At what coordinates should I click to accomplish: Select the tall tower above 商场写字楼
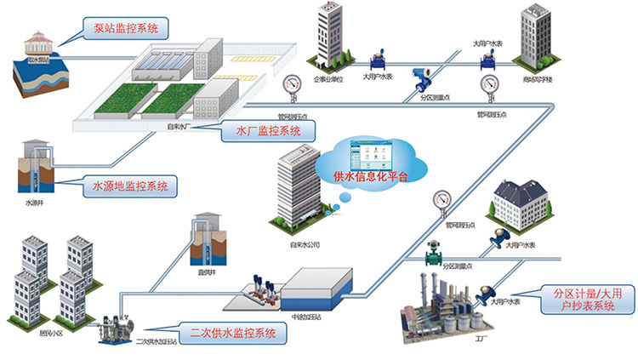pyautogui.click(x=535, y=38)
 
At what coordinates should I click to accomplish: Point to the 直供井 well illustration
pyautogui.click(x=207, y=236)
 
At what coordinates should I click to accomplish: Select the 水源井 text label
pyautogui.click(x=34, y=204)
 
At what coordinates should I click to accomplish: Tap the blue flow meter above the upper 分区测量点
pyautogui.click(x=420, y=79)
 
